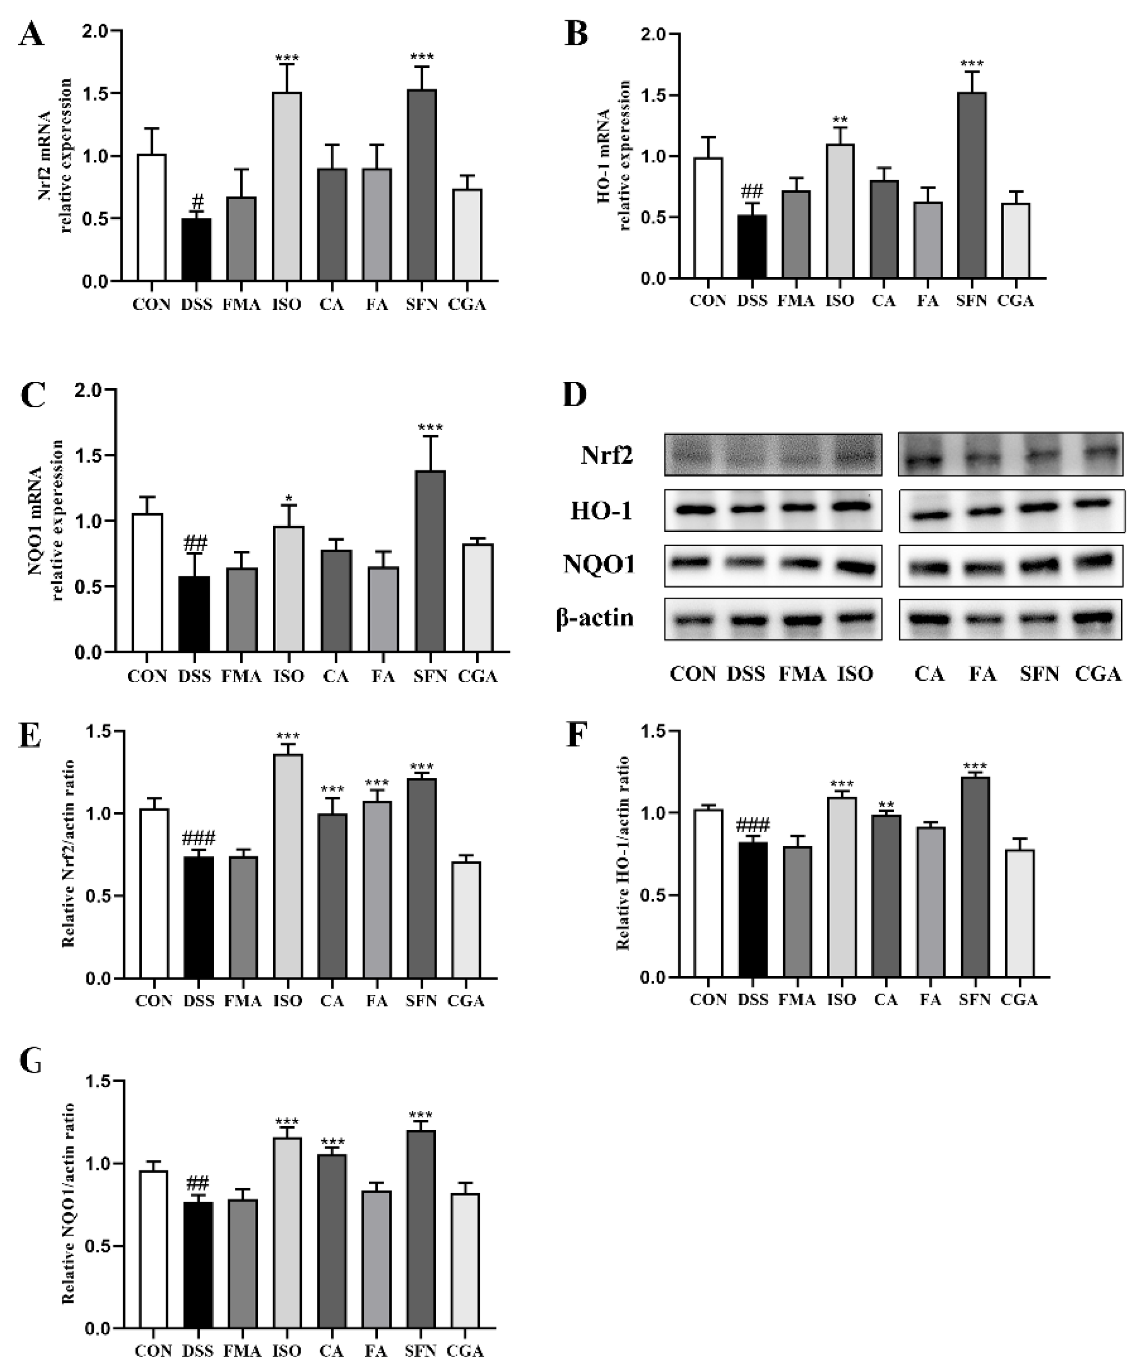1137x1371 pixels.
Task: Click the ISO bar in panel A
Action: [x=287, y=187]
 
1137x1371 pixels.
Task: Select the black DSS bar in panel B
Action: [x=752, y=247]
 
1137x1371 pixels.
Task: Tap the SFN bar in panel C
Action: [x=430, y=561]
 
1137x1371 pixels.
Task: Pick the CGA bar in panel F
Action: [x=1019, y=914]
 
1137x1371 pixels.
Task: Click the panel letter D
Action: [x=575, y=395]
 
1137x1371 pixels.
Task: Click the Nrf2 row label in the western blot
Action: [x=606, y=456]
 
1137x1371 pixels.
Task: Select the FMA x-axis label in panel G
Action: [x=242, y=1351]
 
